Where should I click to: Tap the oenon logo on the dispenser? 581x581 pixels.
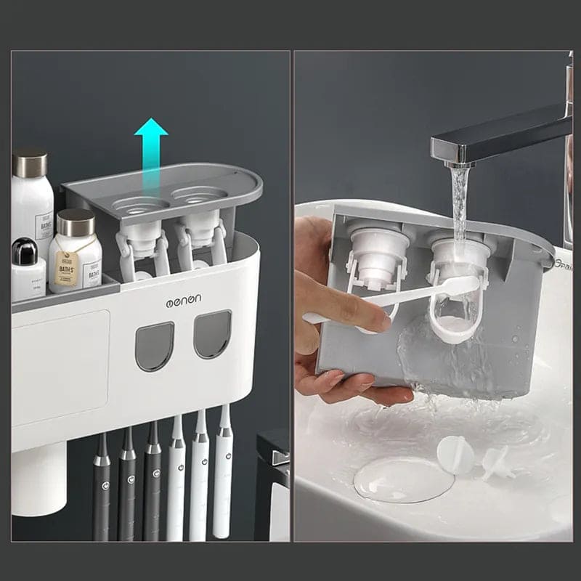184,299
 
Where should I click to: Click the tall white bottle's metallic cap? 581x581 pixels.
30,162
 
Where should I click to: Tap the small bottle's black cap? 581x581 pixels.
25,251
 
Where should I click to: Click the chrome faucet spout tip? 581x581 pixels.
456,155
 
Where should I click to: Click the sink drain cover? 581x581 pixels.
403,479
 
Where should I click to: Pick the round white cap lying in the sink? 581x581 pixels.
455,455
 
